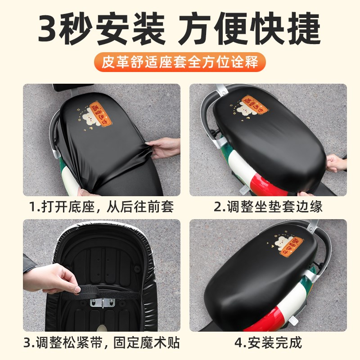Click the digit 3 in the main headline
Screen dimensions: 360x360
[x=50, y=28]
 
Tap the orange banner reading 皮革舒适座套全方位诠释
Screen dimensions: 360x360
[x=180, y=62]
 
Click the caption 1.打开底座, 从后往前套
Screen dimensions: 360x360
[x=102, y=207]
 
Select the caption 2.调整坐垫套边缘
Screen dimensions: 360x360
[x=268, y=207]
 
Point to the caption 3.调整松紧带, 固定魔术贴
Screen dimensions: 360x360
[x=102, y=343]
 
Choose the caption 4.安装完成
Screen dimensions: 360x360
[x=268, y=343]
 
